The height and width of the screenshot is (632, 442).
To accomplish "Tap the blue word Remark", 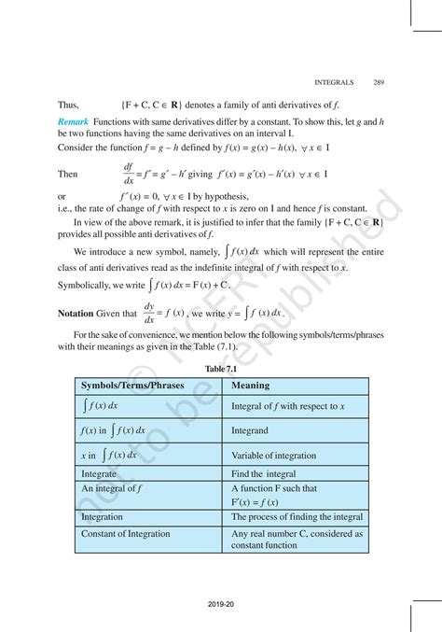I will click(x=73, y=122).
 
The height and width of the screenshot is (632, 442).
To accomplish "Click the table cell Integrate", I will click(x=100, y=474).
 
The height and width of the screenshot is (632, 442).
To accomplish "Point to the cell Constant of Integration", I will click(x=126, y=533).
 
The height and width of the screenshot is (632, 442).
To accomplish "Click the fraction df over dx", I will click(x=128, y=174).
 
